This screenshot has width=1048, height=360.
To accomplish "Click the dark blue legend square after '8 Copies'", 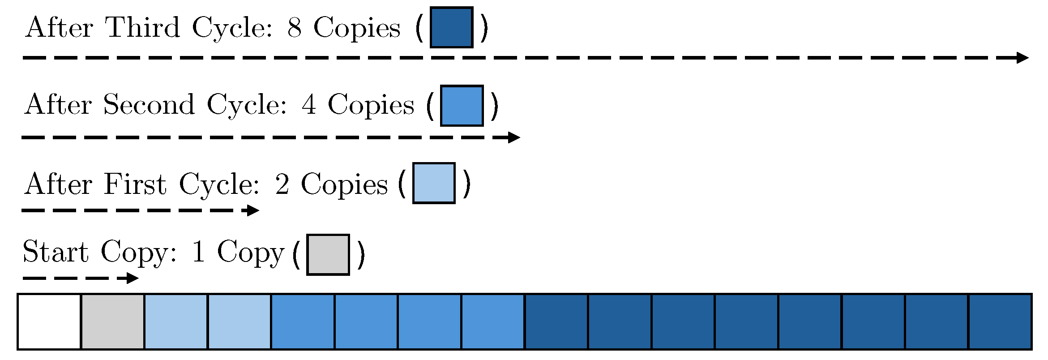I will pyautogui.click(x=451, y=27).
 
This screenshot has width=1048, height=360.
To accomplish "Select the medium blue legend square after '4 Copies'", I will pyautogui.click(x=462, y=106).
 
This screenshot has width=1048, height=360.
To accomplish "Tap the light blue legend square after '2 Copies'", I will pyautogui.click(x=433, y=183).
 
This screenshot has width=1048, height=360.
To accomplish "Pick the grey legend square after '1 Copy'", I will pyautogui.click(x=328, y=254).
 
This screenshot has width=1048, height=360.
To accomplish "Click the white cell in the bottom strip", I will pyautogui.click(x=49, y=321).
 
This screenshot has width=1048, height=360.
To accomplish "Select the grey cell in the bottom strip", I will pyautogui.click(x=113, y=321).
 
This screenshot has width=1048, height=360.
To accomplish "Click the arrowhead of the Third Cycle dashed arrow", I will pyautogui.click(x=1022, y=58).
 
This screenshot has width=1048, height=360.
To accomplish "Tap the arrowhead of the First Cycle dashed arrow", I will pyautogui.click(x=253, y=210).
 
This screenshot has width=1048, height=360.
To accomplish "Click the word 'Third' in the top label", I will pyautogui.click(x=142, y=27).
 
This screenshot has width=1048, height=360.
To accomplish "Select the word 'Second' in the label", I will pyautogui.click(x=149, y=105).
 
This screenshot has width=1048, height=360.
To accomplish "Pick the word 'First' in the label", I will pyautogui.click(x=135, y=184).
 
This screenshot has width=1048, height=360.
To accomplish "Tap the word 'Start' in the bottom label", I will pyautogui.click(x=56, y=252).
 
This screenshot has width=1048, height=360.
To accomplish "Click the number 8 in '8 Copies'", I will pyautogui.click(x=294, y=28).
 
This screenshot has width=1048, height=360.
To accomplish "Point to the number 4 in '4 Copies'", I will pyautogui.click(x=309, y=105).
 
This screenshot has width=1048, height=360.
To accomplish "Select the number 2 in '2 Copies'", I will pyautogui.click(x=282, y=184).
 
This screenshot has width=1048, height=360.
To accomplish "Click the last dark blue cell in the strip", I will pyautogui.click(x=1000, y=321).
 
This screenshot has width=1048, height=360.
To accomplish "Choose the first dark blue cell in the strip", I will pyautogui.click(x=556, y=321).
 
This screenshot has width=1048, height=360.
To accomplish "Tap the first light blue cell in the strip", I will pyautogui.click(x=176, y=321).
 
